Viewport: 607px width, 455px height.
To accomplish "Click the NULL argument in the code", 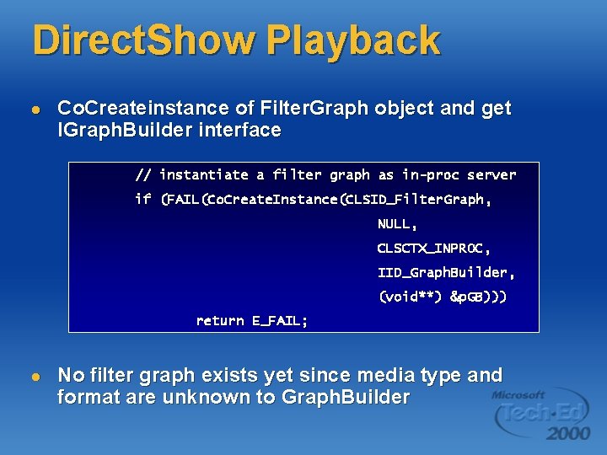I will click(x=397, y=224).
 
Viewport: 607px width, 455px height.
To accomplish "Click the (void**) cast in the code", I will click(x=411, y=297).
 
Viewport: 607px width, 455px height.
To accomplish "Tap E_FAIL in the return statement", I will click(x=280, y=321).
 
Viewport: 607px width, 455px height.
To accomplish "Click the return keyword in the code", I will click(x=220, y=321).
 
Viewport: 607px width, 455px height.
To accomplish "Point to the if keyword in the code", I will click(x=143, y=200).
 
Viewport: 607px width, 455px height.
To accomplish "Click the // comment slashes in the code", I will click(x=143, y=175).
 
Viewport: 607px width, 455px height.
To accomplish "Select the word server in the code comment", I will click(x=492, y=175).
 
